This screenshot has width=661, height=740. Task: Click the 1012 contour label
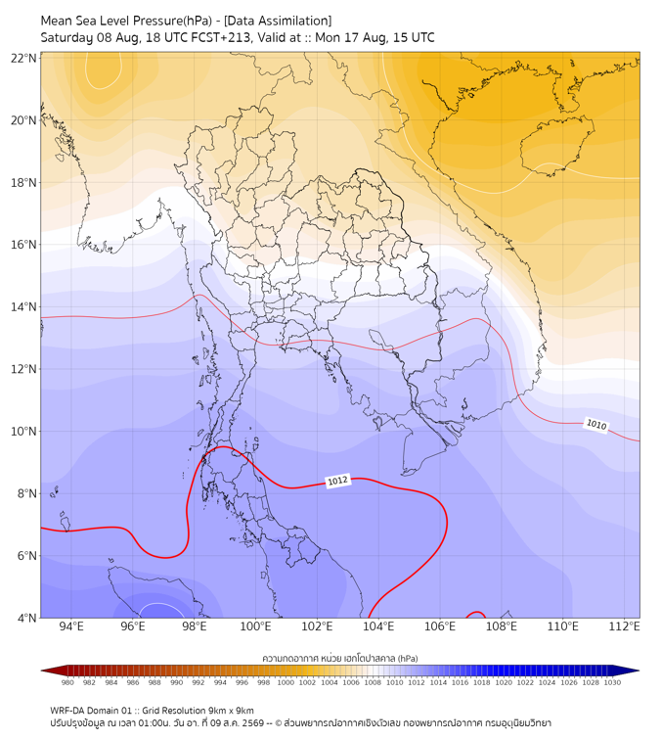point(337,481)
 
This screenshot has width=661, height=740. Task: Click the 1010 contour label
point(595,424)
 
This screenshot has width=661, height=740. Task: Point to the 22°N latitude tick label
point(23,58)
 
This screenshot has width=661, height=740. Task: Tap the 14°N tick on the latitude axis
point(23,306)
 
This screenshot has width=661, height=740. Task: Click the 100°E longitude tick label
point(255,626)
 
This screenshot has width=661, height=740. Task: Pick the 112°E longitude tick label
point(624,626)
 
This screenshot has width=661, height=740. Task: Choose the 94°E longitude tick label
point(71,626)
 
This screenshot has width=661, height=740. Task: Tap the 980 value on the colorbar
point(67,682)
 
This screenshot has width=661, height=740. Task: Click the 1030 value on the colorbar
point(612,682)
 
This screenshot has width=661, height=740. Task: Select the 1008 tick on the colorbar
point(373,682)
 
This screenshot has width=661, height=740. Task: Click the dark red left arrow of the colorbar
point(52,671)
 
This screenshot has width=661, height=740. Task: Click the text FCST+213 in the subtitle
point(221,38)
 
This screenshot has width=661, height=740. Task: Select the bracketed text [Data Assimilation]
point(278,21)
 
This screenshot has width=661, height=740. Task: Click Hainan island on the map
point(556,145)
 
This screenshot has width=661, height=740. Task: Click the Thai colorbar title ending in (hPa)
point(340,658)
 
